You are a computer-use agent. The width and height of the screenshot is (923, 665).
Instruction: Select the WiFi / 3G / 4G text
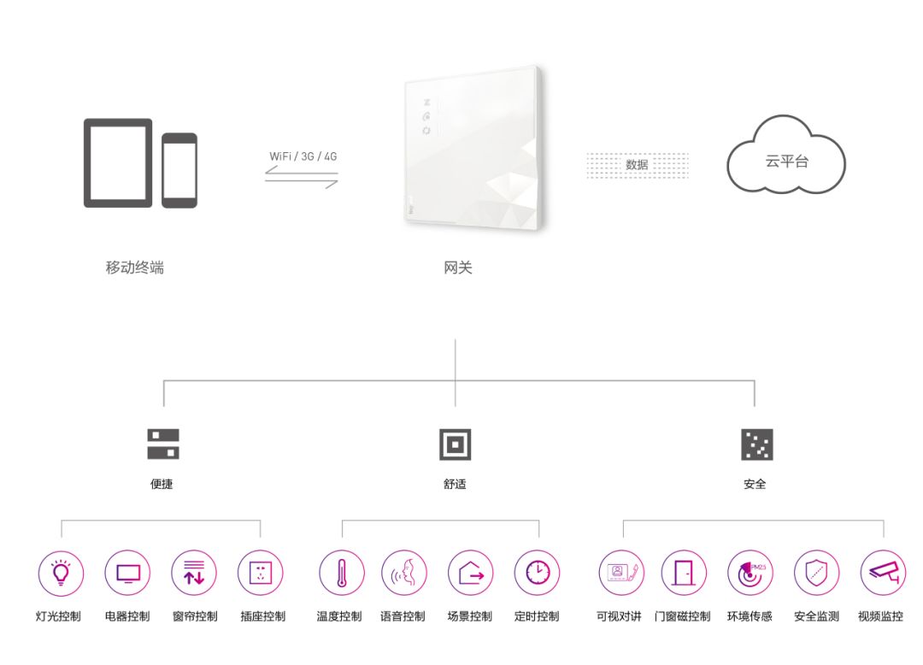303,156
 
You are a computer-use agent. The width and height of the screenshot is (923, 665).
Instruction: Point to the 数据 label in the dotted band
637,165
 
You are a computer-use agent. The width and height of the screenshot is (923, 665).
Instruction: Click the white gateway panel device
473,149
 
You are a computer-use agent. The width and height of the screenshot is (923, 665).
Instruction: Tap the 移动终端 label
135,268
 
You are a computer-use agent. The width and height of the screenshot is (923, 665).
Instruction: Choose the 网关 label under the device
458,268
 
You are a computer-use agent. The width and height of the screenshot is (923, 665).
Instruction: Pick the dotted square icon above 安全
757,444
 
